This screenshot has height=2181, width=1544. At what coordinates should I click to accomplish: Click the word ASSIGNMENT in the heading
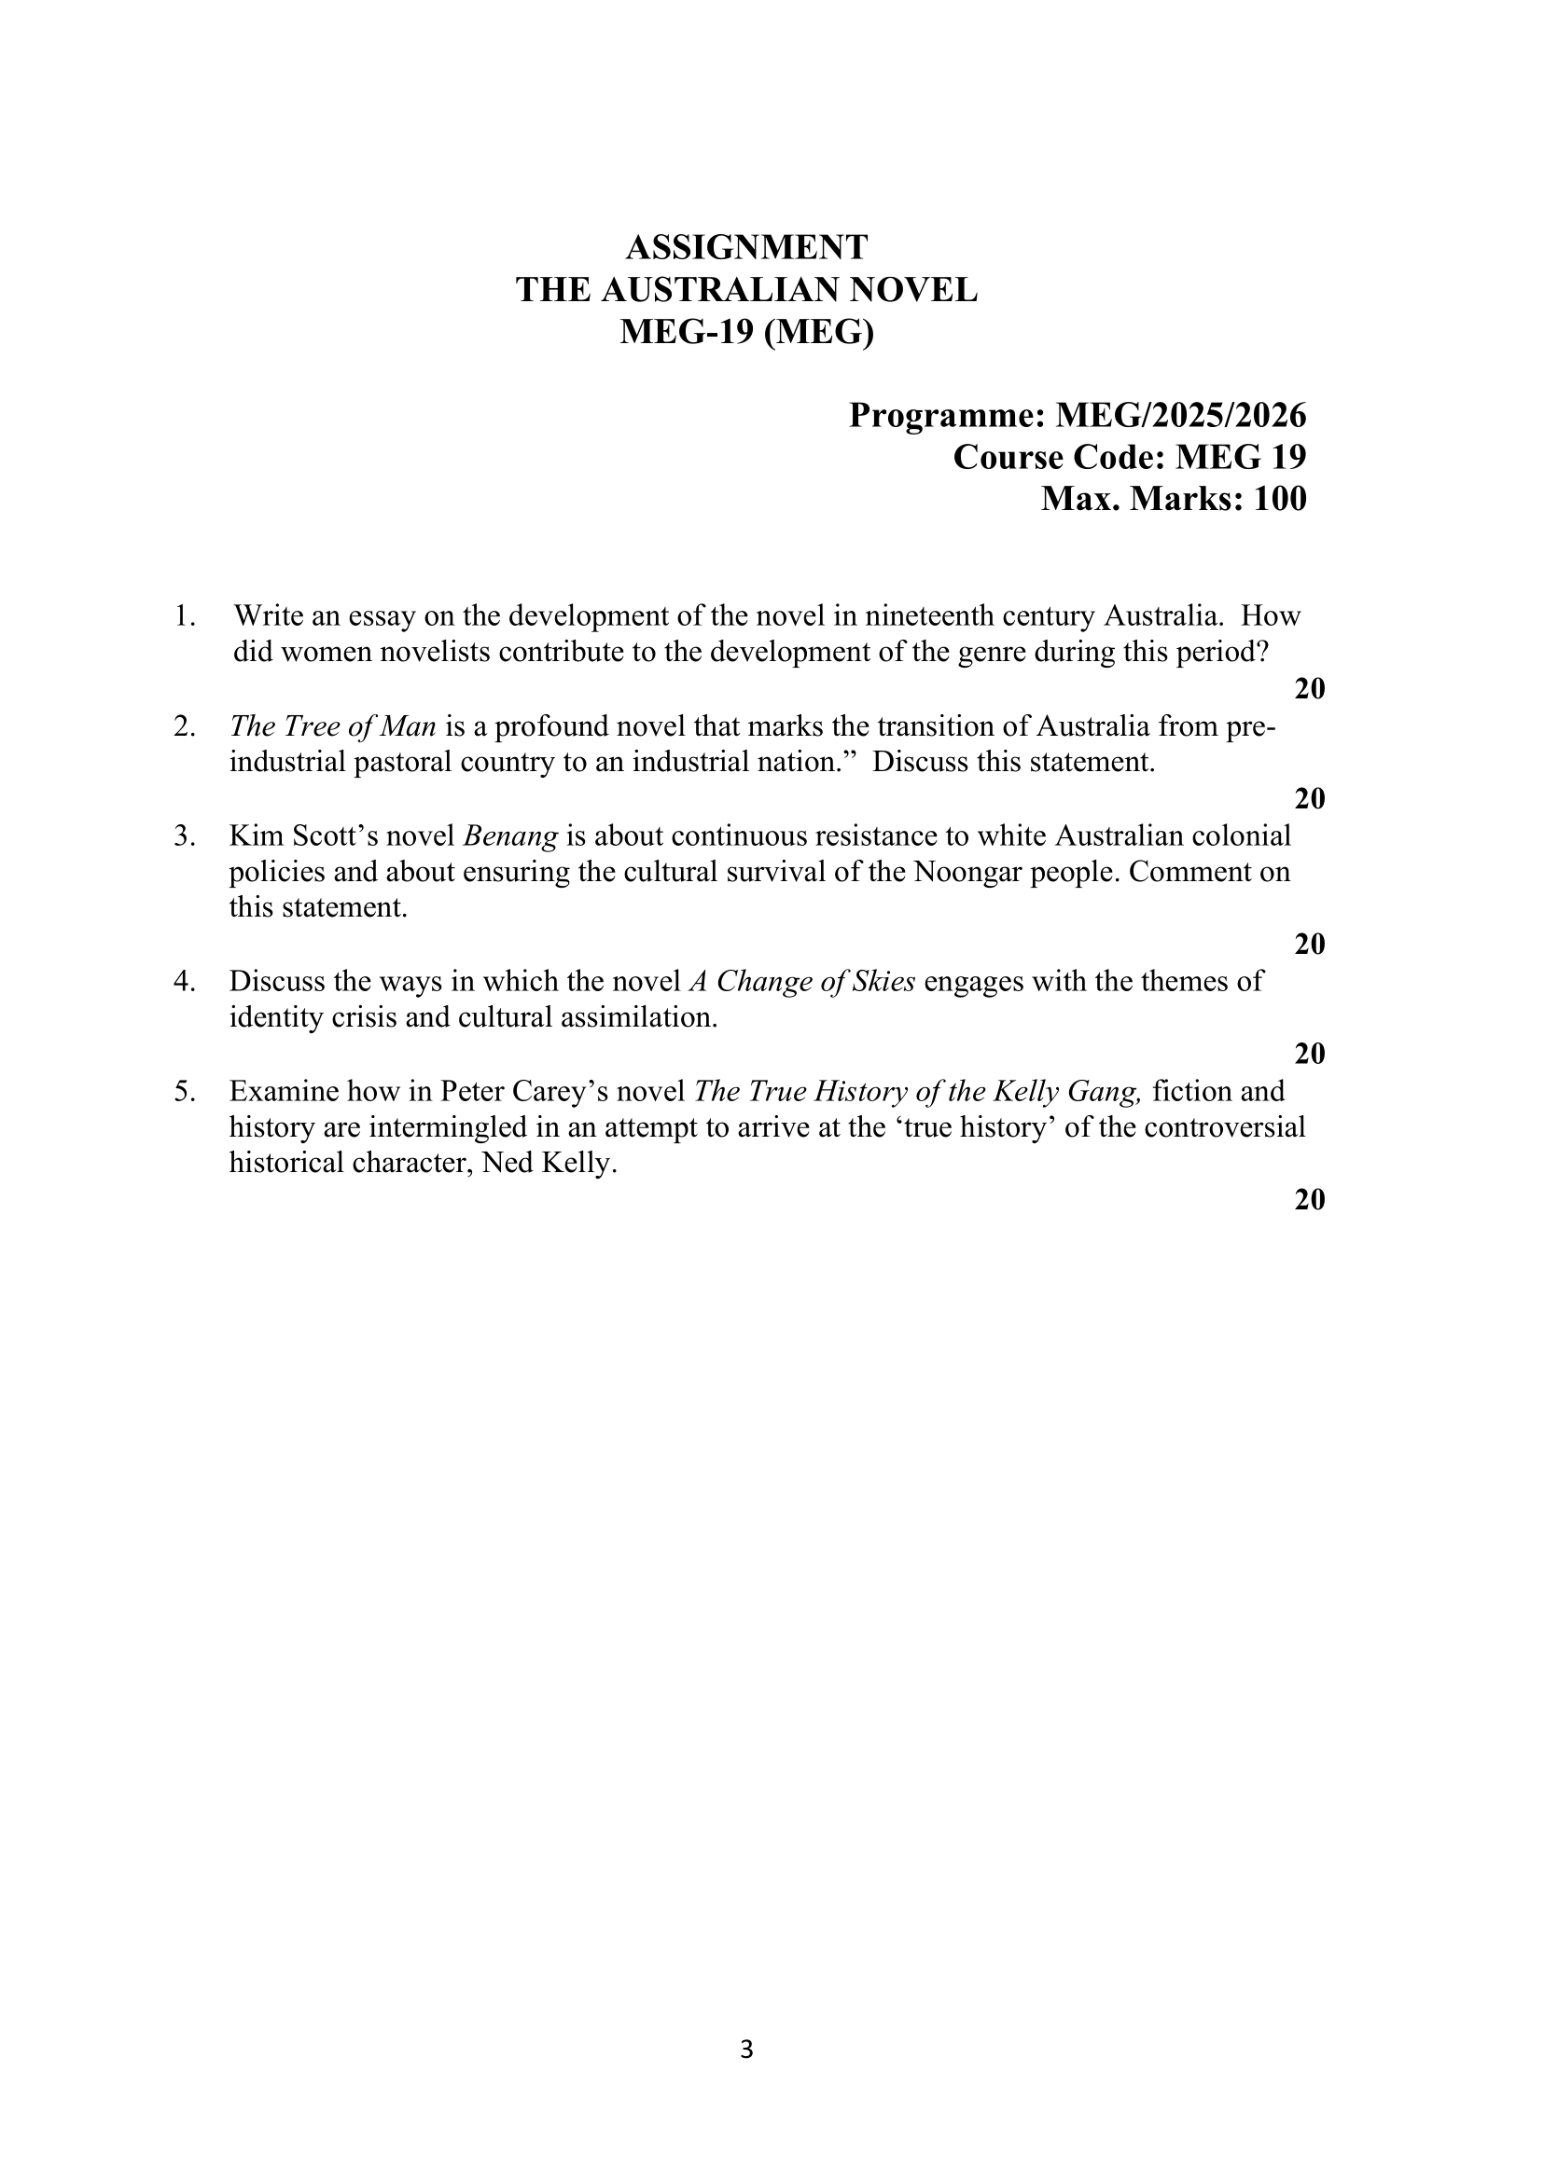coord(746,248)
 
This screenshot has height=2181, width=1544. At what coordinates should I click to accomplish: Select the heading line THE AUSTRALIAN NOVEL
coord(746,290)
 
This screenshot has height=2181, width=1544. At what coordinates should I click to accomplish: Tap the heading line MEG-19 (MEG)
coord(746,332)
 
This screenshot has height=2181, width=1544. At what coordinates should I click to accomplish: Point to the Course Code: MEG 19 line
coord(1130,457)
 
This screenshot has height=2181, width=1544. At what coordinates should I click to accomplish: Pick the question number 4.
coord(184,982)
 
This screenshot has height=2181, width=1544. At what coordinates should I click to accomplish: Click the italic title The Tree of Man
coord(333,727)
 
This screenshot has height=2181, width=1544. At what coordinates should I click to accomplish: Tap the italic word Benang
coord(510,836)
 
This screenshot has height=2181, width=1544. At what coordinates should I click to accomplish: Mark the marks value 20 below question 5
coord(1309,1200)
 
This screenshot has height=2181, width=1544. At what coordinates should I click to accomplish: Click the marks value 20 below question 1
coord(1309,689)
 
